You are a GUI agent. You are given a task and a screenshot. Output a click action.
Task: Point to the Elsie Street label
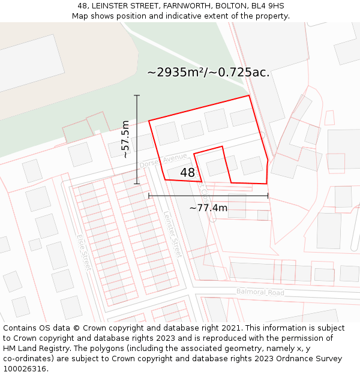tap(83, 252)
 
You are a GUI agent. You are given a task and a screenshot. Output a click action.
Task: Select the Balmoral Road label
tap(260, 292)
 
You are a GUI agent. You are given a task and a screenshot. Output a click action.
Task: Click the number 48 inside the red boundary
tap(187, 173)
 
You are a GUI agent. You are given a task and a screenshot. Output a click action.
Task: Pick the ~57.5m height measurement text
tap(125, 139)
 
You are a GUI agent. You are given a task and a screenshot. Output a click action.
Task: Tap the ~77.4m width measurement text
tap(208, 208)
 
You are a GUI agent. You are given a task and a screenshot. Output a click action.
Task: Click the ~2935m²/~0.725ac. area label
tap(208, 72)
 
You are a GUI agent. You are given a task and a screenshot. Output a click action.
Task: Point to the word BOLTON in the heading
tap(229, 6)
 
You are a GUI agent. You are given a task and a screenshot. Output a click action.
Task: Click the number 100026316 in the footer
tap(25, 369)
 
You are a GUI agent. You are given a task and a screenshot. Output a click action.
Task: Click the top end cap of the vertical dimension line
tap(137, 95)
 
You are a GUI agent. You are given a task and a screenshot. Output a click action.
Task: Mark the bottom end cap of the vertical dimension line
tap(137, 184)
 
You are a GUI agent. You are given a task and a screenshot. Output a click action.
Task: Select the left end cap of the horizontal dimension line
tap(149, 196)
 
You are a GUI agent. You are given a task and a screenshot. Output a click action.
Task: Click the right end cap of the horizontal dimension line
tap(268, 196)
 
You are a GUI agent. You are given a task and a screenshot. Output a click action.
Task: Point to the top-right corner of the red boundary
tap(248, 95)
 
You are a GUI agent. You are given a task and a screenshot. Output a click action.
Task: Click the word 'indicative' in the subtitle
tap(179, 16)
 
